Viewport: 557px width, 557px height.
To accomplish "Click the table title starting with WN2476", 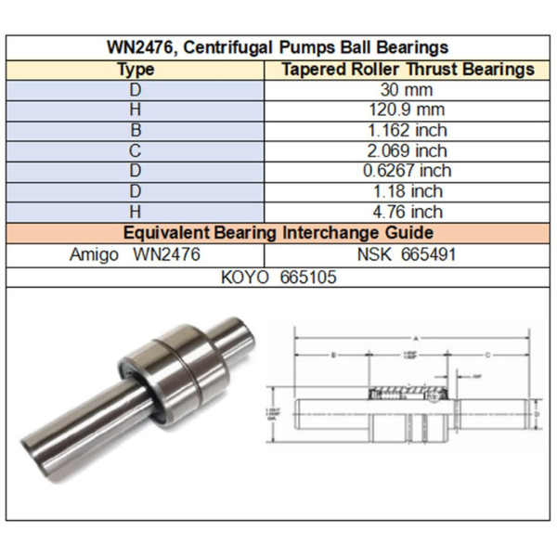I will coord(278,47).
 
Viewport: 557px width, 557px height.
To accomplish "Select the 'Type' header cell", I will coord(136,70).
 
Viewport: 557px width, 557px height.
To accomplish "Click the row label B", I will coord(136,131).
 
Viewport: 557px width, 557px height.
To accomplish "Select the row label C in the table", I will coord(136,151).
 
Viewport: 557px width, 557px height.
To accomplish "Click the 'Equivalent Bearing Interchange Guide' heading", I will coord(278,232).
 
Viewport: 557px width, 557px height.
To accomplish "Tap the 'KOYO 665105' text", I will coord(278,277).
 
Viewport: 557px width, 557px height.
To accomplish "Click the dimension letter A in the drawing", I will coord(415,338).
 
